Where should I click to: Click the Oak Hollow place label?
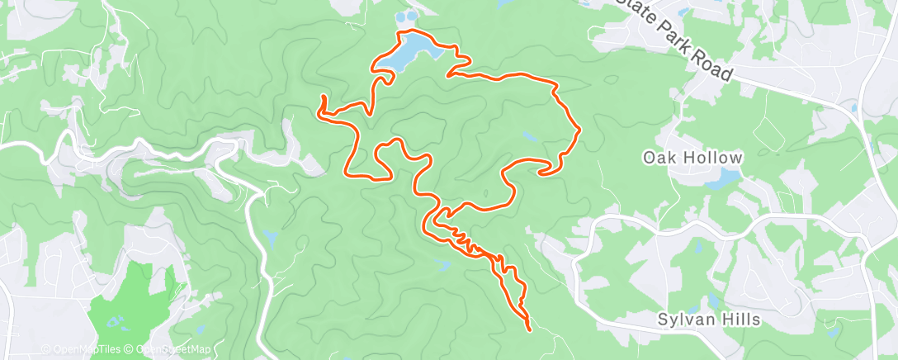pyautogui.click(x=692, y=157)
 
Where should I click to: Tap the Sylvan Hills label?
pyautogui.click(x=707, y=319)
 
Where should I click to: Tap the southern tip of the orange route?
pyautogui.click(x=528, y=329)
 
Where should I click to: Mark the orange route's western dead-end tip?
pyautogui.click(x=322, y=99)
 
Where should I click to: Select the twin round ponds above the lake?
pyautogui.click(x=406, y=17)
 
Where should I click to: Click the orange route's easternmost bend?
pyautogui.click(x=581, y=130)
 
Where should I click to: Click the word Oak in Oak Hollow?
pyautogui.click(x=657, y=157)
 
